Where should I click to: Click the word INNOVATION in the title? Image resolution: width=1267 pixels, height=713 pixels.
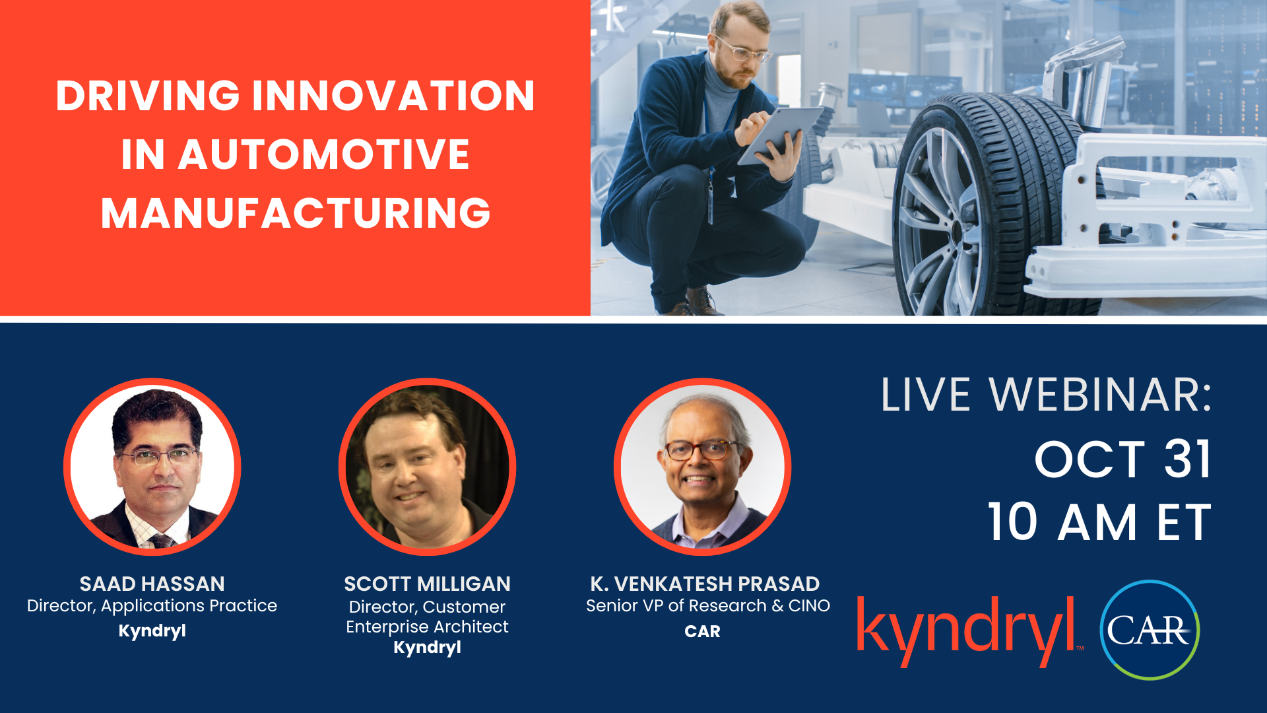393,96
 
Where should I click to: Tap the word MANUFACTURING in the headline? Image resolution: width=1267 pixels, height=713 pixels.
296,213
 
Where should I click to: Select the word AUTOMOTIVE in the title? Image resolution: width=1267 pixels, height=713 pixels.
323,154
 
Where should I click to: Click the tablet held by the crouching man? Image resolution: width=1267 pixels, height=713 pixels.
779,135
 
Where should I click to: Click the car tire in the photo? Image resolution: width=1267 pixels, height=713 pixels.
990,205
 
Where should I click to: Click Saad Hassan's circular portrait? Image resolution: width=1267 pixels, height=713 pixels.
152,467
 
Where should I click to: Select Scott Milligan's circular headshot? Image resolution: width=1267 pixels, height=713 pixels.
427,467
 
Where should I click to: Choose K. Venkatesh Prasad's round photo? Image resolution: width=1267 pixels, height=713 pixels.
702,467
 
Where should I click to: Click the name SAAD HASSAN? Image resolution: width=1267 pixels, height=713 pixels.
152,584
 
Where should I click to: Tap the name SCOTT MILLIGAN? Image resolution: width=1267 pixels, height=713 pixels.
427,584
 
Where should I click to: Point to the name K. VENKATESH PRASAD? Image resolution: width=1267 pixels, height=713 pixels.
705,584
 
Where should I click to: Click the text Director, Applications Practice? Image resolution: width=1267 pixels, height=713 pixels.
152,606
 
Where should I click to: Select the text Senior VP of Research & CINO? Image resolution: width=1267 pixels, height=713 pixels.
708,606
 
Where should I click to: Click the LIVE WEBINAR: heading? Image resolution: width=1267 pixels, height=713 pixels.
1047,395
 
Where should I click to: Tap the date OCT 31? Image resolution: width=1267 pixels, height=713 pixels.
1123,459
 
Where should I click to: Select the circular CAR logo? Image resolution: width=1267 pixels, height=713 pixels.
1150,630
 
